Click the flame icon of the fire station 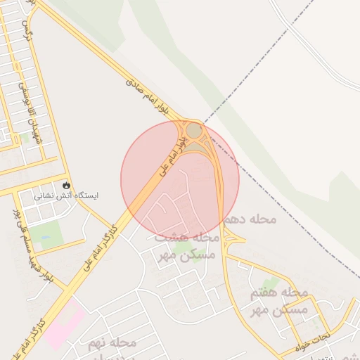65,184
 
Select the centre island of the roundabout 194,131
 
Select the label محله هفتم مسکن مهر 279,300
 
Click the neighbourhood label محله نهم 112,343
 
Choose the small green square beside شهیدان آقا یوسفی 26,138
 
